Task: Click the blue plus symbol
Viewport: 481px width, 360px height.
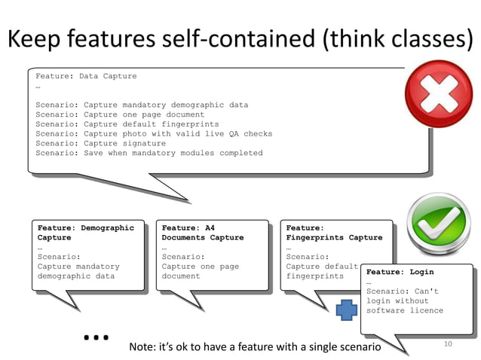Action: [x=346, y=310]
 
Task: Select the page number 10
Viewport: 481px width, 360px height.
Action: [x=447, y=344]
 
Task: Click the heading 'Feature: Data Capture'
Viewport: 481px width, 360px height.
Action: [x=86, y=76]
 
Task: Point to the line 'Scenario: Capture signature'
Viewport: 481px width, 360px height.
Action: [x=100, y=143]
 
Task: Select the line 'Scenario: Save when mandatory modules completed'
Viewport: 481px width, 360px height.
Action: [x=149, y=153]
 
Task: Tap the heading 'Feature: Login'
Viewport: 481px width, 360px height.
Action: [x=400, y=272]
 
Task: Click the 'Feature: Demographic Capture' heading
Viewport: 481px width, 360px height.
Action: [x=85, y=232]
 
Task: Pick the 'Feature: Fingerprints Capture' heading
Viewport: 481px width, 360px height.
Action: [x=334, y=232]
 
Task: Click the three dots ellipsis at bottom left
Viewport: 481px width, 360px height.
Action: [x=97, y=337]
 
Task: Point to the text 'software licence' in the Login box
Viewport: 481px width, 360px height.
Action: [x=404, y=310]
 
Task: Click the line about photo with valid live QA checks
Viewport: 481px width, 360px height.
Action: [x=154, y=133]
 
